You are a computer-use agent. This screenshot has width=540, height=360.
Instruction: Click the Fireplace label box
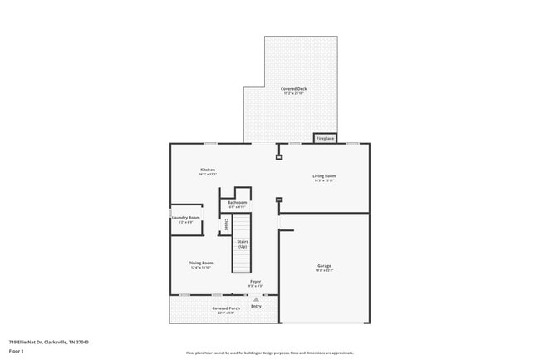pyautogui.click(x=325, y=139)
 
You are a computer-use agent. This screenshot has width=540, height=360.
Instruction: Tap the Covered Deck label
pyautogui.click(x=290, y=88)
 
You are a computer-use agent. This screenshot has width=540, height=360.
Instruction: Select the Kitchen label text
pyautogui.click(x=207, y=170)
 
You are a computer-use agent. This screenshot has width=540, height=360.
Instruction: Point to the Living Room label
pyautogui.click(x=324, y=175)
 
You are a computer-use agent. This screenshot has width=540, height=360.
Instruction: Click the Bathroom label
pyautogui.click(x=238, y=202)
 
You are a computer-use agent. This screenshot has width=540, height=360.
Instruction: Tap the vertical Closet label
pyautogui.click(x=227, y=225)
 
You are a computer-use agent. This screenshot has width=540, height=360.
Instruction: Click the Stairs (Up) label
pyautogui.click(x=243, y=244)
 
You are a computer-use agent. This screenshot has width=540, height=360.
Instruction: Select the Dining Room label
pyautogui.click(x=202, y=263)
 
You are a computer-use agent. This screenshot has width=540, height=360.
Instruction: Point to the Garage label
pyautogui.click(x=324, y=266)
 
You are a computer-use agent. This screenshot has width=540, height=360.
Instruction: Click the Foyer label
pyautogui.click(x=256, y=281)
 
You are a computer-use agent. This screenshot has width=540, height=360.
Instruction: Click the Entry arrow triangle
pyautogui.click(x=256, y=299)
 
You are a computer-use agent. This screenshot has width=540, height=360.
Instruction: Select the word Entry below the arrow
pyautogui.click(x=256, y=306)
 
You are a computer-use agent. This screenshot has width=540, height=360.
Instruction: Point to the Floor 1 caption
pyautogui.click(x=17, y=351)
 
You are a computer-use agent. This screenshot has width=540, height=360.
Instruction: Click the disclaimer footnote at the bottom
pyautogui.click(x=269, y=353)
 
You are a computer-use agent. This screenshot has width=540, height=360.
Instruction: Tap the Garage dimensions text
pyautogui.click(x=324, y=271)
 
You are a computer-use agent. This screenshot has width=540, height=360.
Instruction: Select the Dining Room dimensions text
pyautogui.click(x=202, y=268)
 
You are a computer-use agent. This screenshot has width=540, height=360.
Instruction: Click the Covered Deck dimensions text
pyautogui.click(x=290, y=93)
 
